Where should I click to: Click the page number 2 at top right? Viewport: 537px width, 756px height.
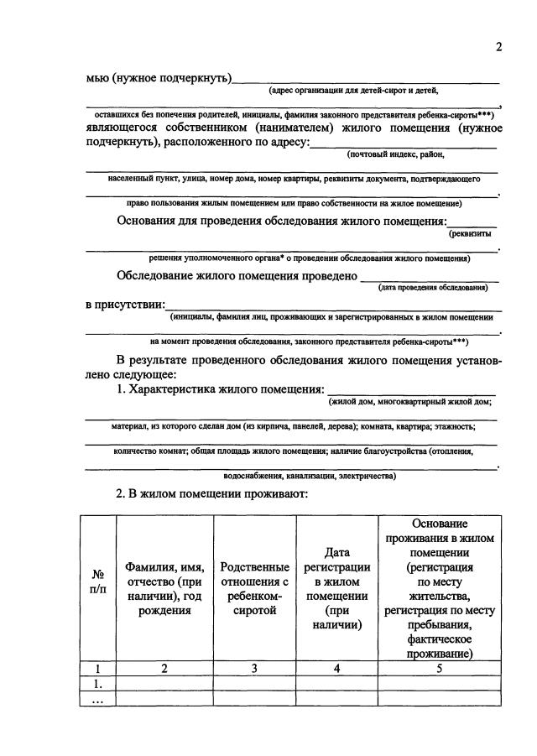coord(498,47)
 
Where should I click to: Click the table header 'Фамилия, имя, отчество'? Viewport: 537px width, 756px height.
coord(164,587)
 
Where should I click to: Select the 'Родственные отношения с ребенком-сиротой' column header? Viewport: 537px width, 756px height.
coord(254,587)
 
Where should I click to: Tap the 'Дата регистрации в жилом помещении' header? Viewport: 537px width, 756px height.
coord(336,587)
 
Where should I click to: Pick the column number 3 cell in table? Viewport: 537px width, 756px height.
coord(254,669)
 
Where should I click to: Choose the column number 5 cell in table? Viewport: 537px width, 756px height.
coord(440,669)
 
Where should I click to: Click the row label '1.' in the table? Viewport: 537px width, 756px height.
coord(98,684)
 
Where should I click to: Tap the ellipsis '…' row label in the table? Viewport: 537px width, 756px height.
coord(98,699)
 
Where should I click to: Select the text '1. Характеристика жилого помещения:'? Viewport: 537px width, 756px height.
coord(220,389)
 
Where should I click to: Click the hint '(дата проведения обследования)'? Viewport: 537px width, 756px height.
coord(433,288)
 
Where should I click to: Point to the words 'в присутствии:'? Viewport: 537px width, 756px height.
coord(125,304)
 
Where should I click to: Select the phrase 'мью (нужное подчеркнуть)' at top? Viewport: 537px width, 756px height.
coord(159,78)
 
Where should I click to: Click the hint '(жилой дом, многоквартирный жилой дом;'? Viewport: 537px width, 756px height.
coord(409,402)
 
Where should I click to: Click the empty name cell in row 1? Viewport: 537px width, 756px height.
coord(164,684)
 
